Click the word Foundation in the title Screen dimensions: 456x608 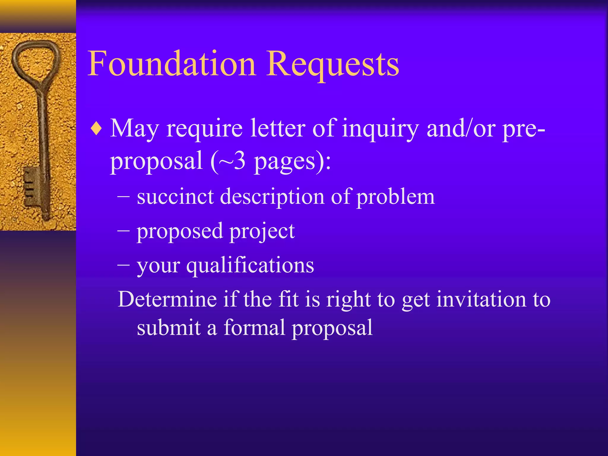tap(172, 64)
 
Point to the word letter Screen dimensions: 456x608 tap(278, 129)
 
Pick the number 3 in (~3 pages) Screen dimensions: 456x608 tap(240, 161)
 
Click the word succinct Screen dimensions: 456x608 tap(175, 197)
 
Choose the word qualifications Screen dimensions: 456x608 tap(250, 265)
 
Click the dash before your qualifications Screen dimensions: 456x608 tap(123, 264)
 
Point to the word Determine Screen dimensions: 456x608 tap(167, 299)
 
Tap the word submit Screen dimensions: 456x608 tap(169, 327)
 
